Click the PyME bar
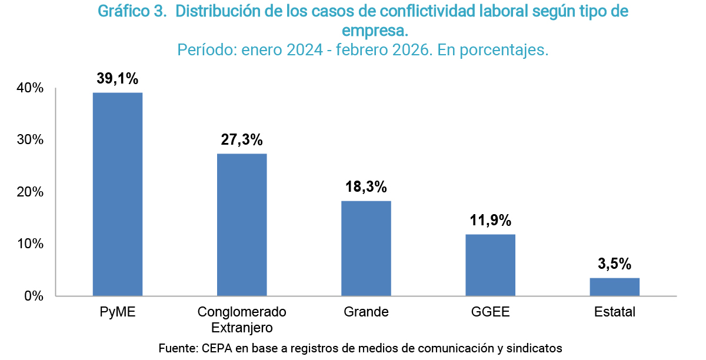click(118, 194)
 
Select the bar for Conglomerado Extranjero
click(242, 225)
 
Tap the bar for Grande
click(366, 248)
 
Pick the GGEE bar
click(490, 265)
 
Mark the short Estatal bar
click(614, 286)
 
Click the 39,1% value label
click(118, 79)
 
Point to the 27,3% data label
click(242, 140)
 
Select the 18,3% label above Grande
click(366, 187)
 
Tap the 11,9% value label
click(490, 221)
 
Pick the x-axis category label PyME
click(118, 312)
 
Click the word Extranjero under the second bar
click(242, 326)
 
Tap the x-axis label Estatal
click(615, 312)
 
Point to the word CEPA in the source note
click(216, 348)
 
